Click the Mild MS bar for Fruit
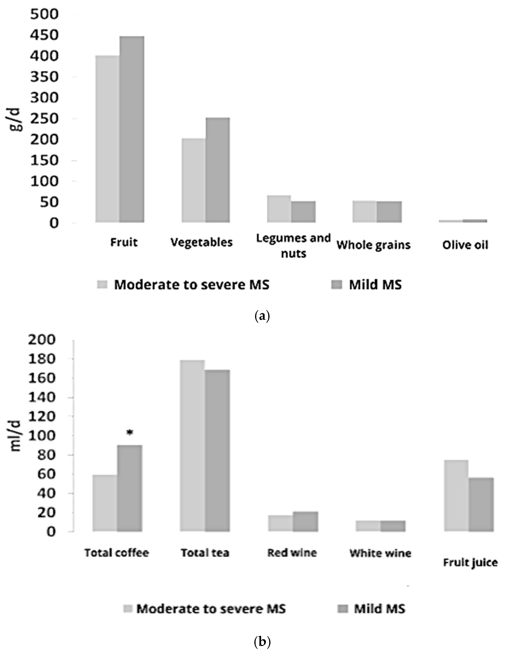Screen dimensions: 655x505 tap(132, 129)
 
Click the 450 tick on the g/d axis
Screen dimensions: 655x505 tap(44, 35)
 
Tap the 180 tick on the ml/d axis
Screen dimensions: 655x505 tap(42, 359)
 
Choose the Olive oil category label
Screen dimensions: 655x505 tap(465, 245)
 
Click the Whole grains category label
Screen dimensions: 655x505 tap(373, 245)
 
